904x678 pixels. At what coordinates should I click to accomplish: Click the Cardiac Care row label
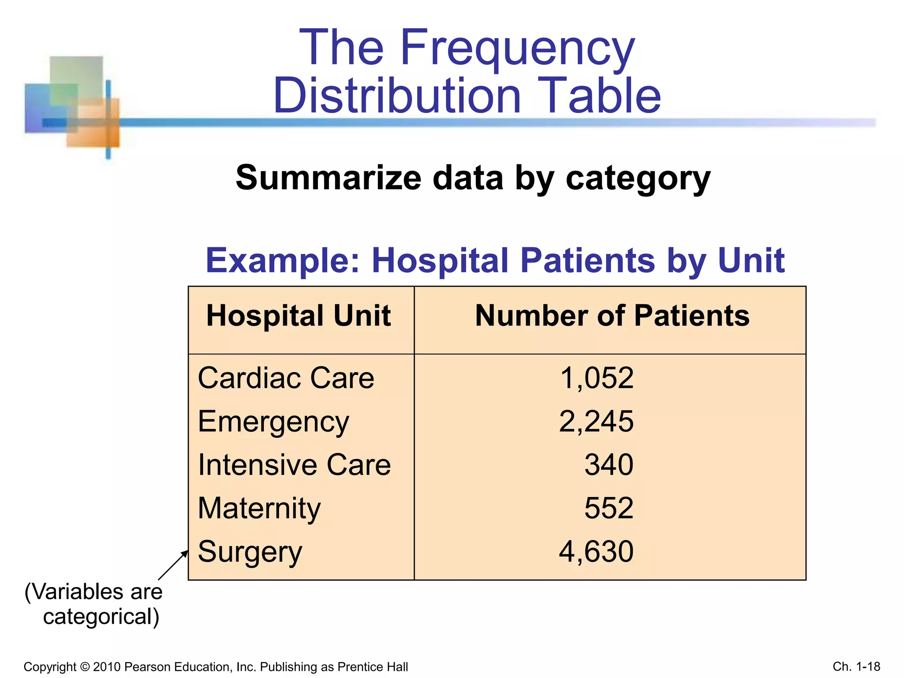[286, 378]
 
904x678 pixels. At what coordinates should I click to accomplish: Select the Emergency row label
[273, 422]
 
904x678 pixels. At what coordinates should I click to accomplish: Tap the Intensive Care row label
[294, 465]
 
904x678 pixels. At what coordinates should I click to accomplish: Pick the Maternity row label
[259, 508]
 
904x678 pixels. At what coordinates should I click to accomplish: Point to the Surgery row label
[250, 552]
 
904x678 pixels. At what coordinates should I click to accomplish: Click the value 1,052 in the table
[596, 378]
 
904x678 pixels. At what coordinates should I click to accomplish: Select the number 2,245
[596, 422]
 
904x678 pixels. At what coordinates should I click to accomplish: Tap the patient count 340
[609, 465]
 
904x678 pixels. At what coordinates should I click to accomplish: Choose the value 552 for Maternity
[609, 508]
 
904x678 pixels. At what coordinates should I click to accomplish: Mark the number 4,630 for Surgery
[596, 552]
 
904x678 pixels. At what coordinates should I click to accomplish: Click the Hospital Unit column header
[298, 316]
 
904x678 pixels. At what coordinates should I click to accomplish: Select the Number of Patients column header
[612, 316]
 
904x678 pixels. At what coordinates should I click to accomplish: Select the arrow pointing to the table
[173, 565]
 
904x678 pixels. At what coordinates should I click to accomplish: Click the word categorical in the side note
[101, 617]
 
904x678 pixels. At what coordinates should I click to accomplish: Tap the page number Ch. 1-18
[856, 667]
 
